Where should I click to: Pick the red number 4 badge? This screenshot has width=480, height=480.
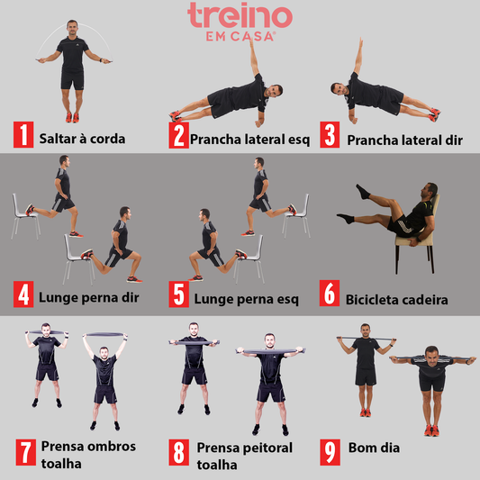point(23,294)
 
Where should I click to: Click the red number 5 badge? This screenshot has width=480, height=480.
point(178,294)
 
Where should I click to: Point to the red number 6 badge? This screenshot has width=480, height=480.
point(331,294)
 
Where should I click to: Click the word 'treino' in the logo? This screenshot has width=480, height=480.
point(240,17)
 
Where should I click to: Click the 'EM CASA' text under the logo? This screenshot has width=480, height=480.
point(240,37)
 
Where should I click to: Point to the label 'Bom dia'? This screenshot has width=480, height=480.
point(374,448)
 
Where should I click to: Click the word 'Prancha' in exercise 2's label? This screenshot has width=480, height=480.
point(217,139)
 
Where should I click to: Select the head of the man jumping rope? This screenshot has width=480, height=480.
point(73,27)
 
